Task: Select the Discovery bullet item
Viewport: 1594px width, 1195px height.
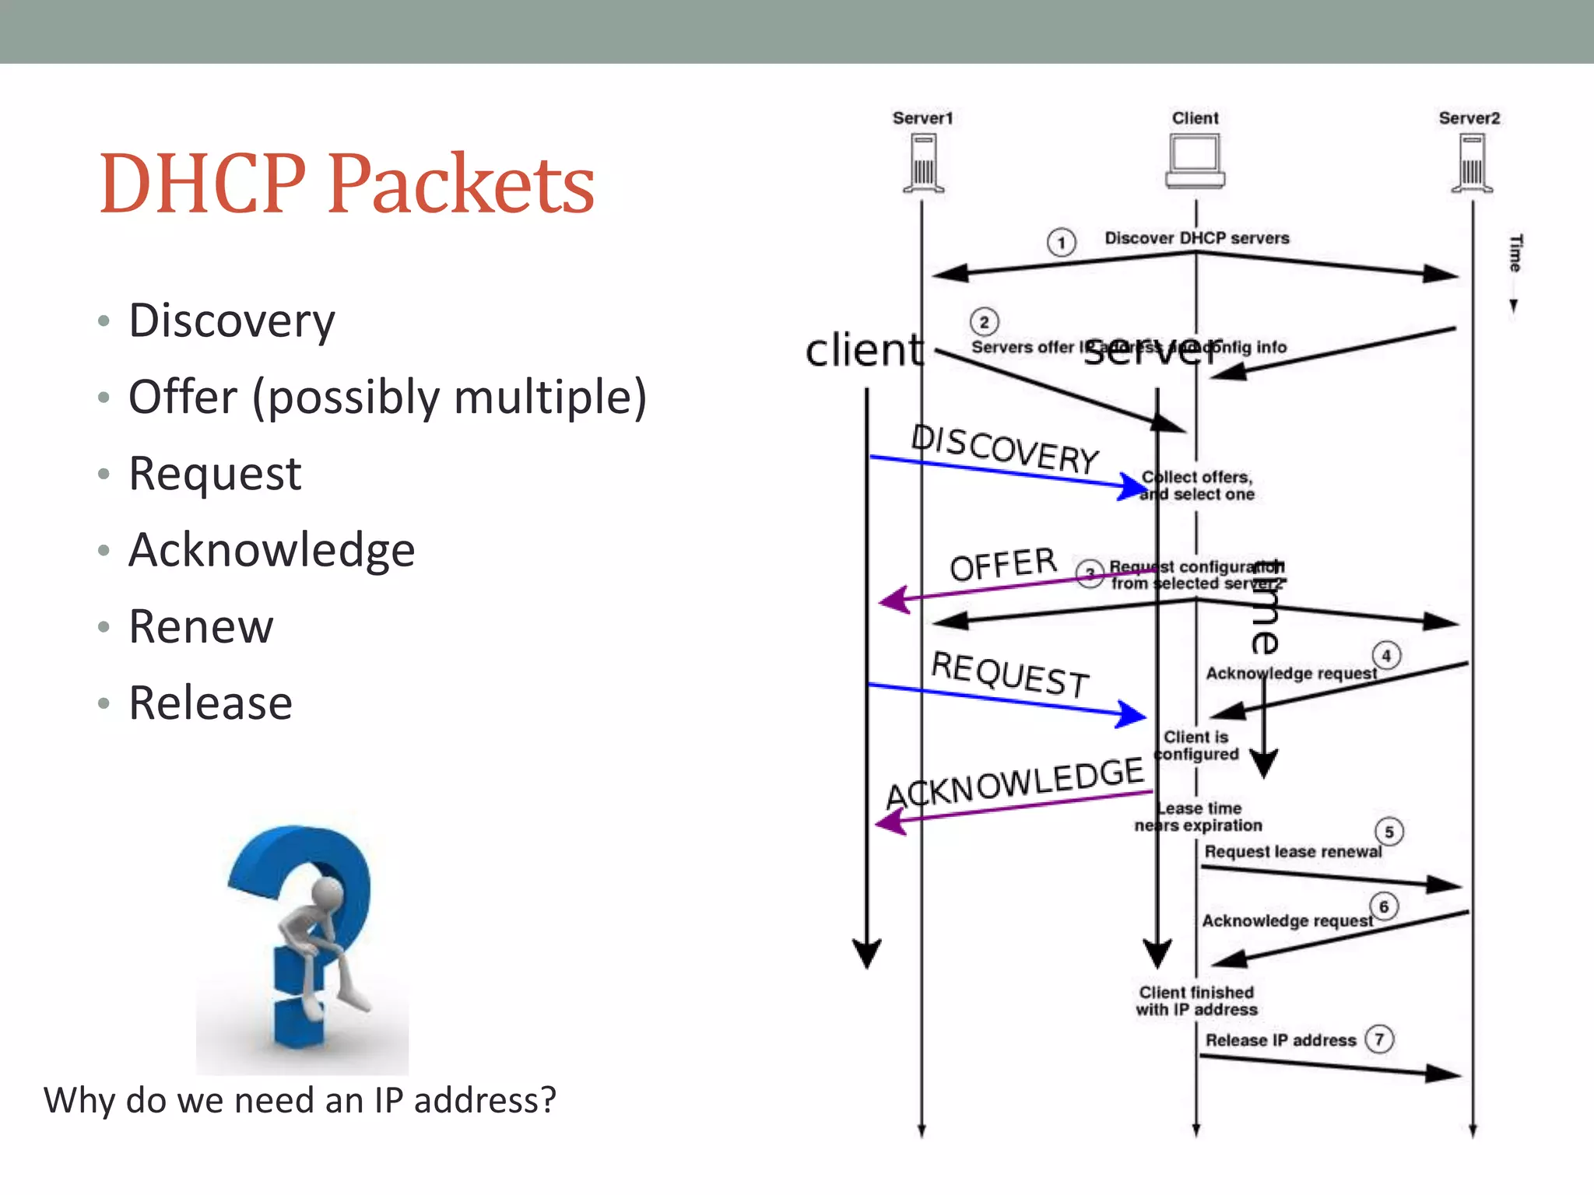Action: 232,321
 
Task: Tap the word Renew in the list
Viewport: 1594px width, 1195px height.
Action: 201,627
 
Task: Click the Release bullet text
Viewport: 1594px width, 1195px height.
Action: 210,703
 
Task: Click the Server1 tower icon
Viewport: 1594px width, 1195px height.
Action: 923,163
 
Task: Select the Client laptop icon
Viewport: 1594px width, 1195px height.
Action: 1195,162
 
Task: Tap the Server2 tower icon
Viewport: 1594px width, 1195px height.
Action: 1471,163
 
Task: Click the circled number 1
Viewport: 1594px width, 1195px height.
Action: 1061,243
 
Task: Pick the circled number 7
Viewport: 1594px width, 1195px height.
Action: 1379,1039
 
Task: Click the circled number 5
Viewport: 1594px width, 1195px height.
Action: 1389,832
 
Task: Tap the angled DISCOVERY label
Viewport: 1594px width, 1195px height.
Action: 1005,449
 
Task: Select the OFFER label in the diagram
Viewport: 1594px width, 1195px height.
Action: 1003,564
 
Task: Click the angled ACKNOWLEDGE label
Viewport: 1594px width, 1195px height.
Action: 1015,783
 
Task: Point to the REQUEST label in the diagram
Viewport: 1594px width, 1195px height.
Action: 1010,674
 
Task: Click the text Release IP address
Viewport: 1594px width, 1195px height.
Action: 1280,1040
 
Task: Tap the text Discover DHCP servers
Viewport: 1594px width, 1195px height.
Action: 1196,238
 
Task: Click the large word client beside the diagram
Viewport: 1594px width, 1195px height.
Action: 863,350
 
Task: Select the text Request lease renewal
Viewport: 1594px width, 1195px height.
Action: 1292,852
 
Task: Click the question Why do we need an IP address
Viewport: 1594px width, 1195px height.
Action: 300,1100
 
